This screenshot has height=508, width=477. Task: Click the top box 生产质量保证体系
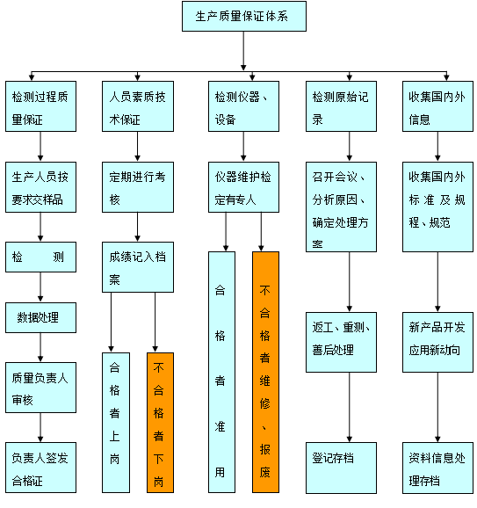tap(244, 16)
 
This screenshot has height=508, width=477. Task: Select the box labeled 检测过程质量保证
tap(40, 106)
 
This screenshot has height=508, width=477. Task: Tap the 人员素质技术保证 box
tap(138, 106)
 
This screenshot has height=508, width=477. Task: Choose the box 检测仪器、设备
tap(243, 106)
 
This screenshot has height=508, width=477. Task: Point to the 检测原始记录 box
tap(341, 106)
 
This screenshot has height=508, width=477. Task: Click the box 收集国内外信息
tap(437, 106)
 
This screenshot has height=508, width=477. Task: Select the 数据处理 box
tap(40, 318)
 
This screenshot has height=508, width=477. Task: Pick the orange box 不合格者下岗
tap(160, 423)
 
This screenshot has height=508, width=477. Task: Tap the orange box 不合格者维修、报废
tap(265, 373)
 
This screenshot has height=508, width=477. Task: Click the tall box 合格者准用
tap(221, 373)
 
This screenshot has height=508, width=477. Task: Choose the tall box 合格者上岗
tap(116, 423)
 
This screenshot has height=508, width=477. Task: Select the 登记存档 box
tap(341, 468)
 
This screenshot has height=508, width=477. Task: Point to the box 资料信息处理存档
tap(437, 468)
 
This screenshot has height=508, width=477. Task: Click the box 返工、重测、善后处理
tap(341, 342)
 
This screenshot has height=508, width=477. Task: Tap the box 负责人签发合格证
tap(40, 468)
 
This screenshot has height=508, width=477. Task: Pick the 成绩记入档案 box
tap(138, 267)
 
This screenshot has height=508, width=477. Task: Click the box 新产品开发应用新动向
tap(437, 342)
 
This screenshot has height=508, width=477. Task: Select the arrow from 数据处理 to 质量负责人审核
tap(40, 347)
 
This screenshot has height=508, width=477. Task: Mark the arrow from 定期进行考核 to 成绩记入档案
tap(137, 227)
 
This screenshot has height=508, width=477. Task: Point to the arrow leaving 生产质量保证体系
tap(243, 51)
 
